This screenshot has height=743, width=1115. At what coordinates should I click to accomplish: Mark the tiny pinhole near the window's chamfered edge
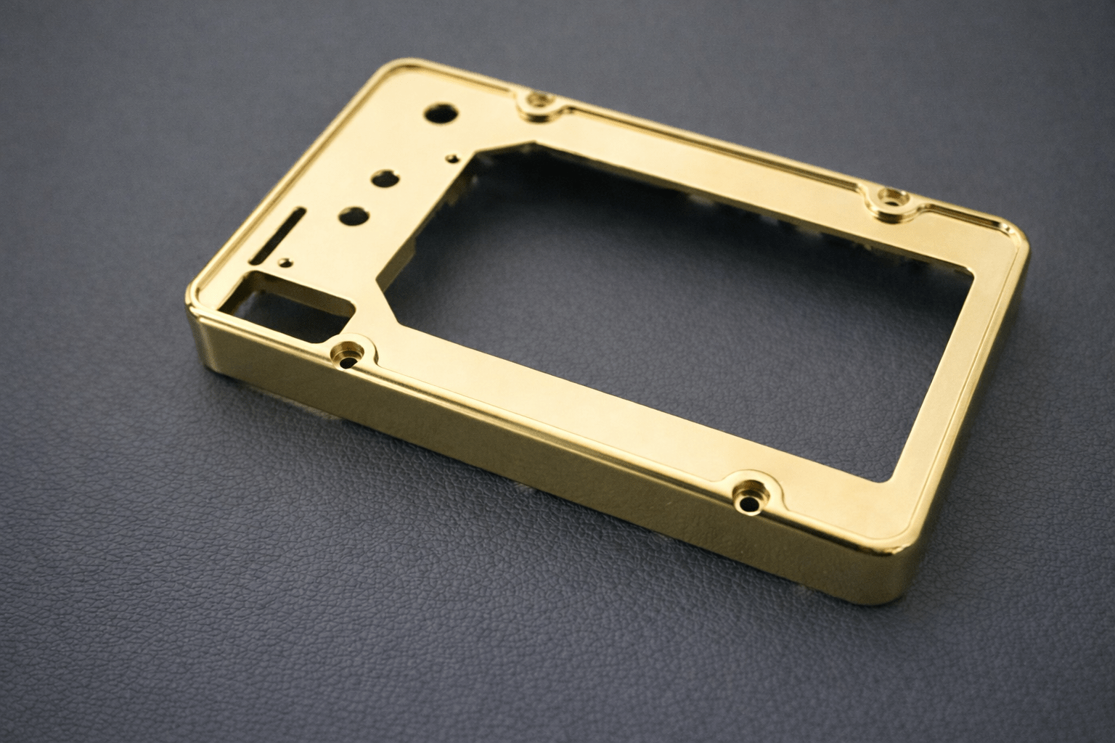point(453,155)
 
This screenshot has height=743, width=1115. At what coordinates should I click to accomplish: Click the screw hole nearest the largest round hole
point(539,102)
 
